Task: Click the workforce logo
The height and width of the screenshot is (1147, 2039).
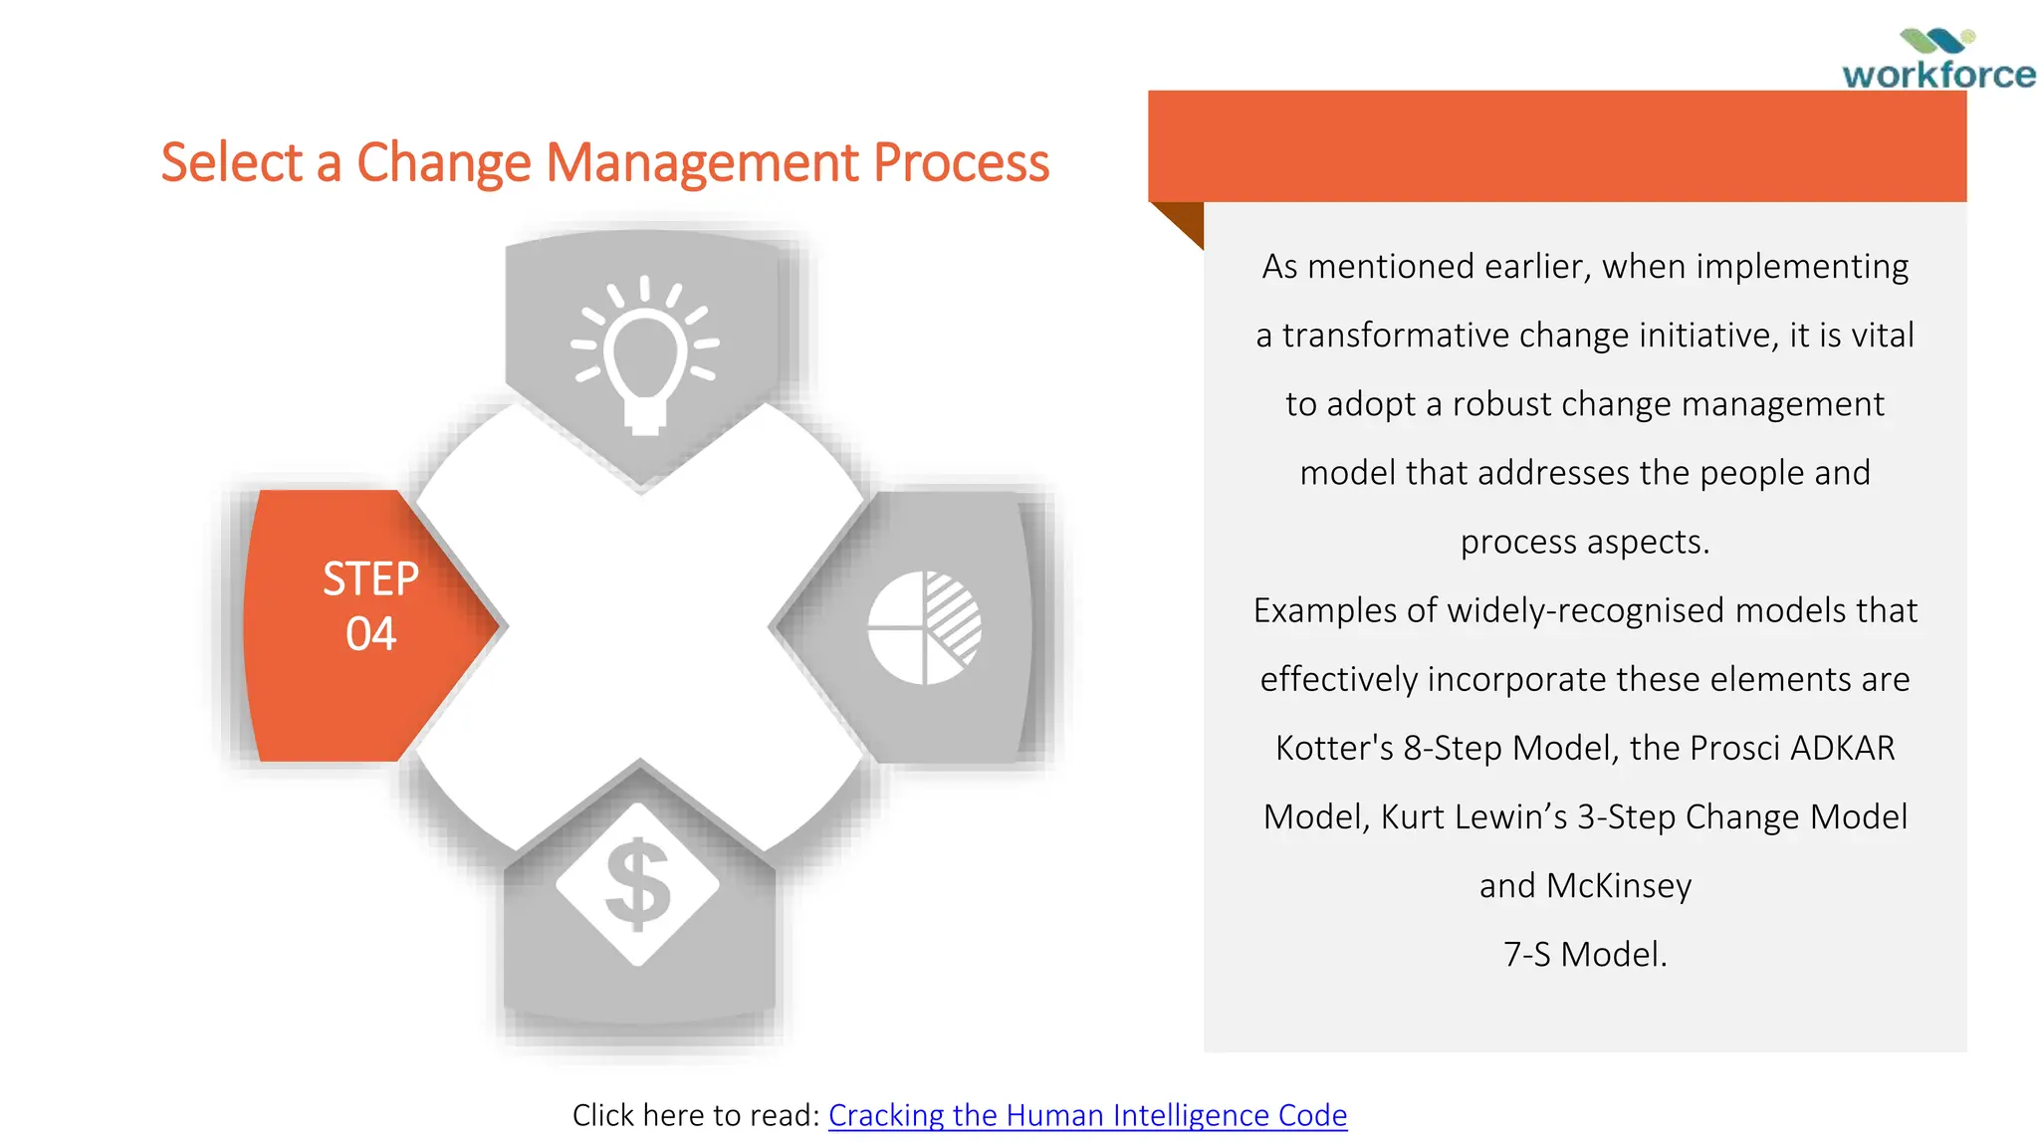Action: pyautogui.click(x=1937, y=61)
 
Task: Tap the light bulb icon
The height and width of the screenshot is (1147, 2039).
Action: pyautogui.click(x=645, y=354)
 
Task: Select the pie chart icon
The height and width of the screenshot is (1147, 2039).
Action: pyautogui.click(x=924, y=627)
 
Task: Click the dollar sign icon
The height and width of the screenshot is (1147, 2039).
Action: pyautogui.click(x=637, y=884)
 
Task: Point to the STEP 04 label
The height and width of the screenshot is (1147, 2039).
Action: pyautogui.click(x=370, y=606)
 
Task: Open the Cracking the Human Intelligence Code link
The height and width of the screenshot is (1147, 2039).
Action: pyautogui.click(x=1087, y=1115)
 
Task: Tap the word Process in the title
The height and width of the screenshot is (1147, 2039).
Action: pyautogui.click(x=961, y=162)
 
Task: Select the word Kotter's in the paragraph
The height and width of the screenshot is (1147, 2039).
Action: pyautogui.click(x=1334, y=748)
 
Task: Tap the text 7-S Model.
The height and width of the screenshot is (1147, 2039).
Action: pyautogui.click(x=1585, y=954)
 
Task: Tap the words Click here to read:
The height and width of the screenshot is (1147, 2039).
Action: pyautogui.click(x=696, y=1115)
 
